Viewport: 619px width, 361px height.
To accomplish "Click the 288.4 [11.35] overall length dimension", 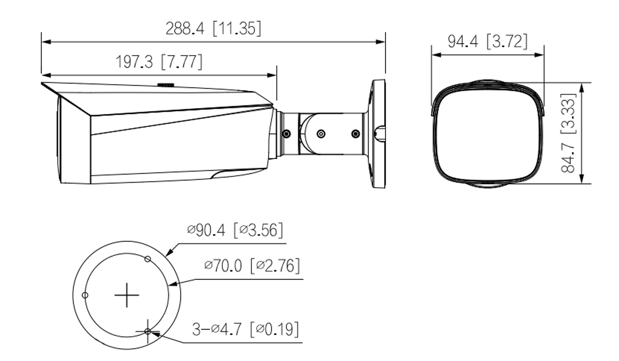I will click(213, 28).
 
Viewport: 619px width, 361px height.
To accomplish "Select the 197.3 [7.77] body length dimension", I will click(159, 62).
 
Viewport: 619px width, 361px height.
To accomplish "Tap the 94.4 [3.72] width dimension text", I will click(487, 41).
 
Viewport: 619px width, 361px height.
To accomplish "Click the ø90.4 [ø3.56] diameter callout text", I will click(235, 230).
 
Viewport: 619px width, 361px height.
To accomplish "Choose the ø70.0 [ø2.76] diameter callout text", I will click(252, 266).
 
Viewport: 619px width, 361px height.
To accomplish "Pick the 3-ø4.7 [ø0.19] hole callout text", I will click(246, 330).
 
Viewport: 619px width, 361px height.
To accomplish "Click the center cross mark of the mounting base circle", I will click(127, 295).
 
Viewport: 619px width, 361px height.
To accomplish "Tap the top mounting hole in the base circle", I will click(147, 259).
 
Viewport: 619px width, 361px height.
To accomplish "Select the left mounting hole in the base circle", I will click(85, 295).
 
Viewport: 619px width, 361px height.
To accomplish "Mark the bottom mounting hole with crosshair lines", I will click(147, 331).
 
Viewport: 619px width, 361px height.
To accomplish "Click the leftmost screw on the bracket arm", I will click(287, 134).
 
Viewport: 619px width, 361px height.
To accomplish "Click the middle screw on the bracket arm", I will click(321, 134).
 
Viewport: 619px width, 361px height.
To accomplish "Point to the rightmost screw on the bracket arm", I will click(355, 134).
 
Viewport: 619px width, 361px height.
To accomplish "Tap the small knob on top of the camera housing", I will click(166, 84).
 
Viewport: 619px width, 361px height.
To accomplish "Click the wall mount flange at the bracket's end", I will click(378, 134).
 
